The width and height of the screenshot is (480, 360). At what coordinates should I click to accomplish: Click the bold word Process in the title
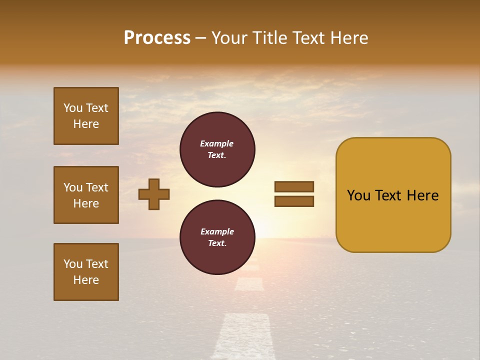tap(157, 38)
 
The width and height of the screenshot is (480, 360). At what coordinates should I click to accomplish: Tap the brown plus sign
tap(154, 194)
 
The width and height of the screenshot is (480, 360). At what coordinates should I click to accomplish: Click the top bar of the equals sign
tap(294, 186)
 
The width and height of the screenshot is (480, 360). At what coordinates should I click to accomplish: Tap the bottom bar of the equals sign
tap(294, 201)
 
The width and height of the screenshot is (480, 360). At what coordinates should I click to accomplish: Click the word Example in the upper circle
tap(217, 143)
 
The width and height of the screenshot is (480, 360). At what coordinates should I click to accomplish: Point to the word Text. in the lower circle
tap(217, 243)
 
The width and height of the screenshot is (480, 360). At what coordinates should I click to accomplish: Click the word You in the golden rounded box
tap(359, 195)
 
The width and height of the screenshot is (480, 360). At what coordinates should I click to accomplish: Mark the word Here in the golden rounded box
tap(423, 195)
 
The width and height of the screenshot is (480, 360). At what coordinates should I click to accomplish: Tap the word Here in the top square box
tap(86, 124)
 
